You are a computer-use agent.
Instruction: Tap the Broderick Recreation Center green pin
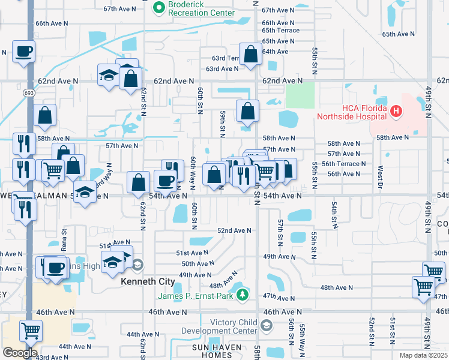[x=159, y=7]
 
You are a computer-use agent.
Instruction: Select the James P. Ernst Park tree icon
[x=242, y=295]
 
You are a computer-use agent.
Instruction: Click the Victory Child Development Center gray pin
[x=267, y=325]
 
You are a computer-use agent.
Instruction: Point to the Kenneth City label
[x=148, y=281]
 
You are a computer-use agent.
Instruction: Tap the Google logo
[x=19, y=353]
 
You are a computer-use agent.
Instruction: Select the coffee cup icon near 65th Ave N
[x=24, y=52]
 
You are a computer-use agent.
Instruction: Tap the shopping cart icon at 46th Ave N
[x=31, y=330]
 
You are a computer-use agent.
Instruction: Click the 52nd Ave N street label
[x=234, y=230]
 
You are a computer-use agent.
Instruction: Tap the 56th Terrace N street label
[x=344, y=163]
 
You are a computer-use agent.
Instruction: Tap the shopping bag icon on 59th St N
[x=247, y=111]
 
